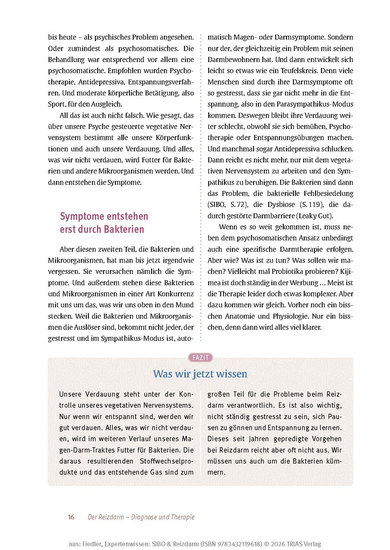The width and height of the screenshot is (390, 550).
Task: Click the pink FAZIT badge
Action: [x=200, y=357]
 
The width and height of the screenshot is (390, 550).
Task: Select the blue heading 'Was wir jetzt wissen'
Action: [x=200, y=374]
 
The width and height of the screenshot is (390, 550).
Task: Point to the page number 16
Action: [x=71, y=517]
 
